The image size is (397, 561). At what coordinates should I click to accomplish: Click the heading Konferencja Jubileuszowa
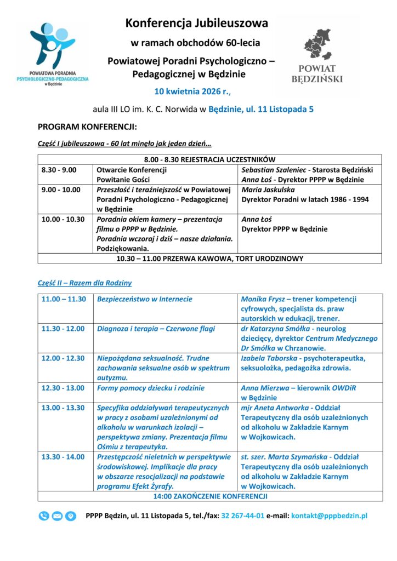[197, 23]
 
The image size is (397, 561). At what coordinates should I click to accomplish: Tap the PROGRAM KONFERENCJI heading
[87, 127]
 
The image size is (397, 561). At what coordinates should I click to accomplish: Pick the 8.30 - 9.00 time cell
[59, 170]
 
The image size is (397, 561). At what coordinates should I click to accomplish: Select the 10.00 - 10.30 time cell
[63, 219]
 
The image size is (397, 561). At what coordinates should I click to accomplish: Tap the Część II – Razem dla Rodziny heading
[84, 283]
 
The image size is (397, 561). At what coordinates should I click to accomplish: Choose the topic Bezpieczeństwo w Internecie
[144, 299]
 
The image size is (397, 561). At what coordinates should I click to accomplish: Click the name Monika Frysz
[263, 299]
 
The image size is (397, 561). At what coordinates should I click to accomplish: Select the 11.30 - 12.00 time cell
[63, 329]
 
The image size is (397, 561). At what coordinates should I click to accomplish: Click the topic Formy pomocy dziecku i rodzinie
[150, 388]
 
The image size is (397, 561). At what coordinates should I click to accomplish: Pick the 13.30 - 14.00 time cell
[63, 457]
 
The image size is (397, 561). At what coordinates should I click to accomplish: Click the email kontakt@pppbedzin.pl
[329, 516]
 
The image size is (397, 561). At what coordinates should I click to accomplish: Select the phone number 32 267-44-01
[243, 516]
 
